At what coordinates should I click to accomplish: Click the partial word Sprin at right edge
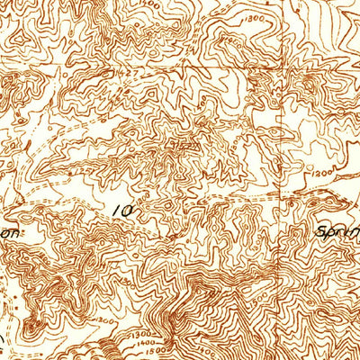point(337,231)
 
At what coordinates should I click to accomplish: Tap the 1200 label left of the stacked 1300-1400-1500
point(107,319)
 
